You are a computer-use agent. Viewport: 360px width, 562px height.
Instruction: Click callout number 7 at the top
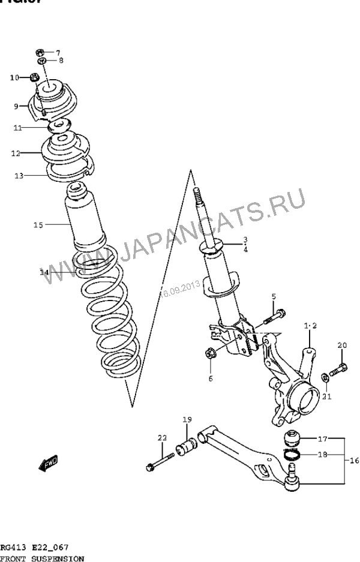pyautogui.click(x=59, y=52)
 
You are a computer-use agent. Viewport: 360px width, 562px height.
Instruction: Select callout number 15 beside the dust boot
pyautogui.click(x=38, y=225)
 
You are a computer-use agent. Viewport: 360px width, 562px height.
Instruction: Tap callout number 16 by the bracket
pyautogui.click(x=353, y=461)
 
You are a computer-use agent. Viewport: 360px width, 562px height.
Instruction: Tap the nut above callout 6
pyautogui.click(x=211, y=354)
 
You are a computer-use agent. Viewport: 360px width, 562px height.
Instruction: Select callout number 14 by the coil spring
pyautogui.click(x=44, y=273)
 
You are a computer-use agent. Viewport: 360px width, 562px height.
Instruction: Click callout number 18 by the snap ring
pyautogui.click(x=322, y=455)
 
